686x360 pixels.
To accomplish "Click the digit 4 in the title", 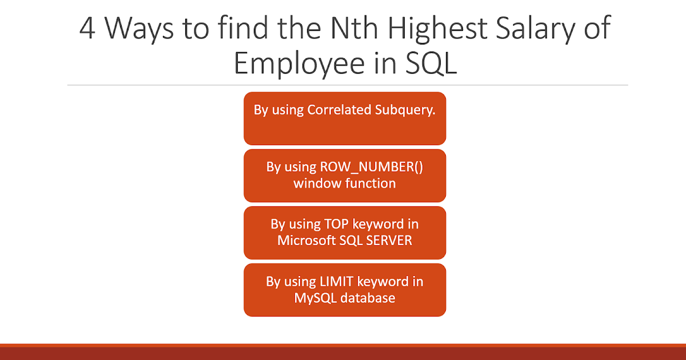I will (87, 29).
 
